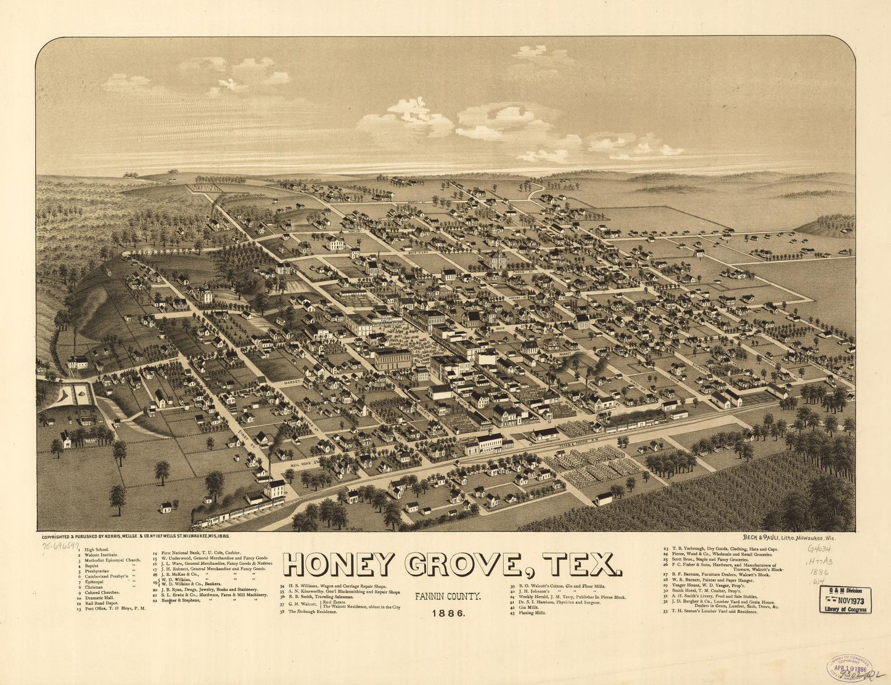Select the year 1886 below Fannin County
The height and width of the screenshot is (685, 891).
(x=449, y=614)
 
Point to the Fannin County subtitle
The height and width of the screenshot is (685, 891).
(x=448, y=597)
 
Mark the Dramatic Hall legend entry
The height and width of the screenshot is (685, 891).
(x=99, y=598)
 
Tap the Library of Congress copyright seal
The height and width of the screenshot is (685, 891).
(x=849, y=667)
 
